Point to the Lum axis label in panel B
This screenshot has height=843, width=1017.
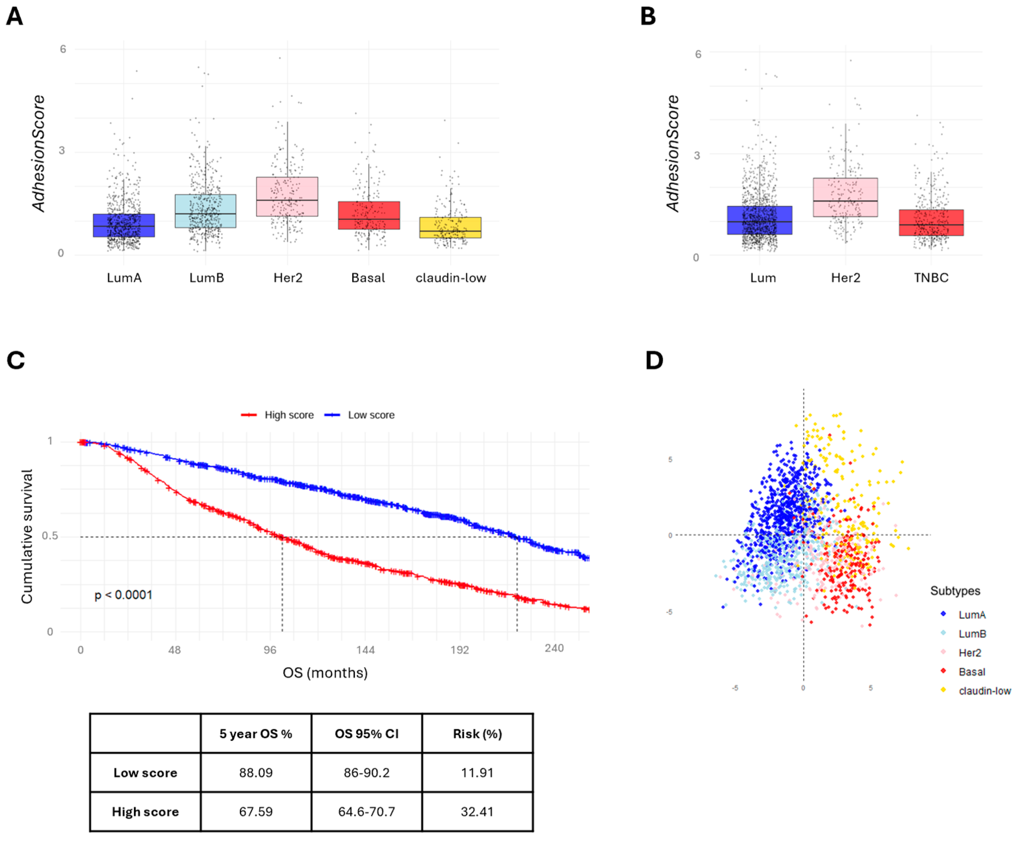[763, 278]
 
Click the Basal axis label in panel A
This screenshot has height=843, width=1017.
[368, 278]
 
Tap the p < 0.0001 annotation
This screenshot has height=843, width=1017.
[123, 595]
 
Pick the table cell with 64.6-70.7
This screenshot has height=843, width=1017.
[367, 812]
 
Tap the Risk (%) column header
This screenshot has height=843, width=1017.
[477, 734]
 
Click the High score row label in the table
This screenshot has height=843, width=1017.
[145, 812]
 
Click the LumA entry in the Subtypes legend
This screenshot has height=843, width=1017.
[971, 615]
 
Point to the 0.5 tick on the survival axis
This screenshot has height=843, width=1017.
[50, 536]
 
